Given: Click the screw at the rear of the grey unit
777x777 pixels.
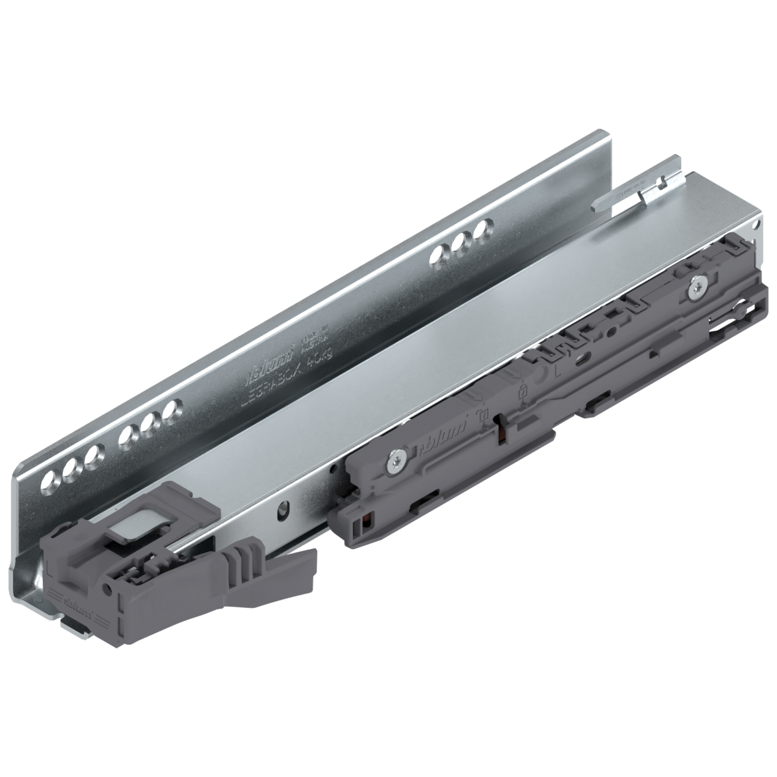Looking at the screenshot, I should click(x=697, y=287).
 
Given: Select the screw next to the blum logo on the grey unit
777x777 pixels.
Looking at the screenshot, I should click(x=395, y=460).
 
